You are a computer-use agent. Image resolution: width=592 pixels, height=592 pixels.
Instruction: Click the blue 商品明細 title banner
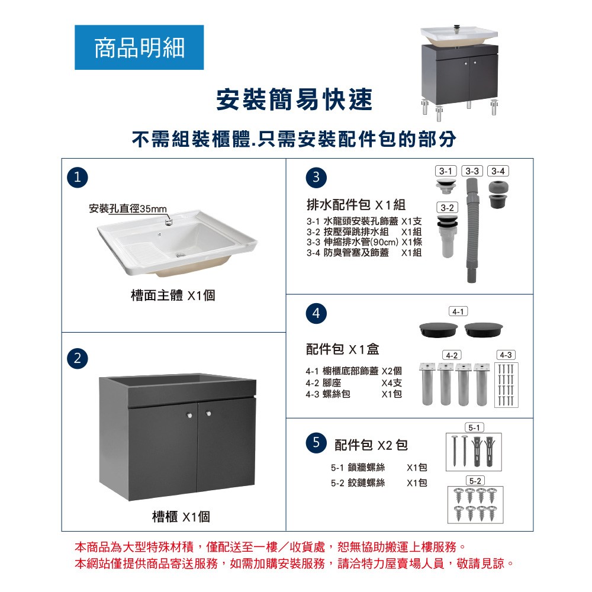point(139,47)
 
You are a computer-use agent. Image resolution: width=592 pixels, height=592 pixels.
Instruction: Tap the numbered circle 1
point(78,178)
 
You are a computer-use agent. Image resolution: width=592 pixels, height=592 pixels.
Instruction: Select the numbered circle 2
point(78,358)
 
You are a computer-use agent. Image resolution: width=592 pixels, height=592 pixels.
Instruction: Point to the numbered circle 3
point(316,178)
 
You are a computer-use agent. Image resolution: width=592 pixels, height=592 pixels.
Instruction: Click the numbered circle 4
point(316,313)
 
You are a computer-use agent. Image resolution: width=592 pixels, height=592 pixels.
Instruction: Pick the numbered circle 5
point(316,442)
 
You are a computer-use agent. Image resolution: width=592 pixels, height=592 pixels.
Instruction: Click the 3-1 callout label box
point(446,171)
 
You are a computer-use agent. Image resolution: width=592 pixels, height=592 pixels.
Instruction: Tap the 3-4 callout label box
point(498,171)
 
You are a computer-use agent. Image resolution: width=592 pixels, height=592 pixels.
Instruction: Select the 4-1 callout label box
point(458,311)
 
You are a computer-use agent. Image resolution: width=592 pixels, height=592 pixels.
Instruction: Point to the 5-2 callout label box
point(475,481)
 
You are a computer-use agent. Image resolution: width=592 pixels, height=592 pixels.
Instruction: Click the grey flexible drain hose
point(472,230)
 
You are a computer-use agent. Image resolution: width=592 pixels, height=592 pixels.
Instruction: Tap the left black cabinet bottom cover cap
point(438,329)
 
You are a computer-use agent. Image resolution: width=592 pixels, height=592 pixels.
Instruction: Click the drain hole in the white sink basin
point(181,255)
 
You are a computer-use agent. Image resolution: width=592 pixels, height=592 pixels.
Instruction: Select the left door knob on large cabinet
point(189,416)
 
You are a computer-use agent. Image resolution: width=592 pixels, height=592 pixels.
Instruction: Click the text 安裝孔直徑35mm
point(128,209)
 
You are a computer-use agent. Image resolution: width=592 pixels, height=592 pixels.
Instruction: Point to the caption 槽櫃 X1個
point(181,516)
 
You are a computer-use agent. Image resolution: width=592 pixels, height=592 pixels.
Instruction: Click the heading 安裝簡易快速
point(294,99)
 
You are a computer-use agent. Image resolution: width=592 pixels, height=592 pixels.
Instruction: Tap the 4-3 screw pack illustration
point(506,385)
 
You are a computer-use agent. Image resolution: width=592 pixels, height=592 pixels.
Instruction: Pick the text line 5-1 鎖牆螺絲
point(358,468)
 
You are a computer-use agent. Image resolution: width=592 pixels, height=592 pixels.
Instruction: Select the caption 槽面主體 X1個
point(173,295)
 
